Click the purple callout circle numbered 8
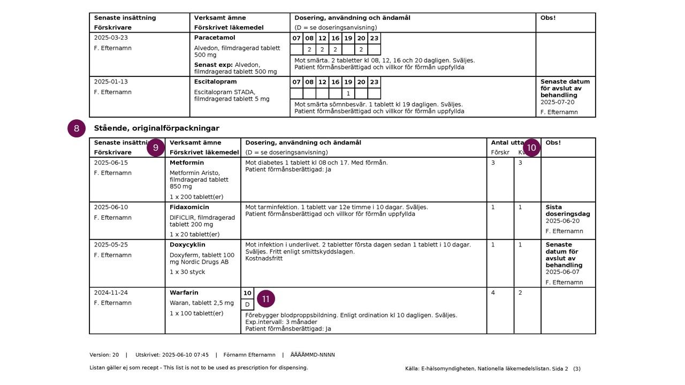tap(77, 128)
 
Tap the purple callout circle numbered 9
tap(156, 148)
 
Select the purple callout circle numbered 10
tap(531, 148)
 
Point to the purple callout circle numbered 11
tap(266, 298)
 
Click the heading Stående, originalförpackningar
tap(156, 128)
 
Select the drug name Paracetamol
tap(215, 38)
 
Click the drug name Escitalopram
tap(215, 82)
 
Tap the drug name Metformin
tap(187, 163)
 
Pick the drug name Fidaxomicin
tap(189, 207)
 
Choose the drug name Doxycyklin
tap(187, 245)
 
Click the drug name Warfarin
tap(184, 293)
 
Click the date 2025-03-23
tap(111, 38)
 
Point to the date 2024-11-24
tap(111, 293)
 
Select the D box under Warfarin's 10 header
tap(247, 305)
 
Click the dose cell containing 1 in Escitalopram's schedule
tap(348, 94)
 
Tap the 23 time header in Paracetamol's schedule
tap(374, 38)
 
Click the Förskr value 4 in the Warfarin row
tap(493, 293)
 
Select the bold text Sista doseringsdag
tap(567, 211)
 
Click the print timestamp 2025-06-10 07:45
tap(185, 355)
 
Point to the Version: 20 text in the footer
tap(104, 355)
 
